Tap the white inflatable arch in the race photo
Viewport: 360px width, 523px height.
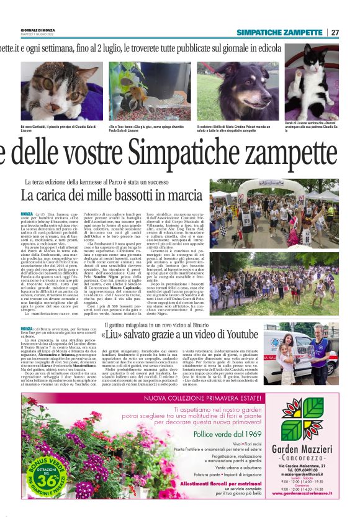[x=274, y=186]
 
